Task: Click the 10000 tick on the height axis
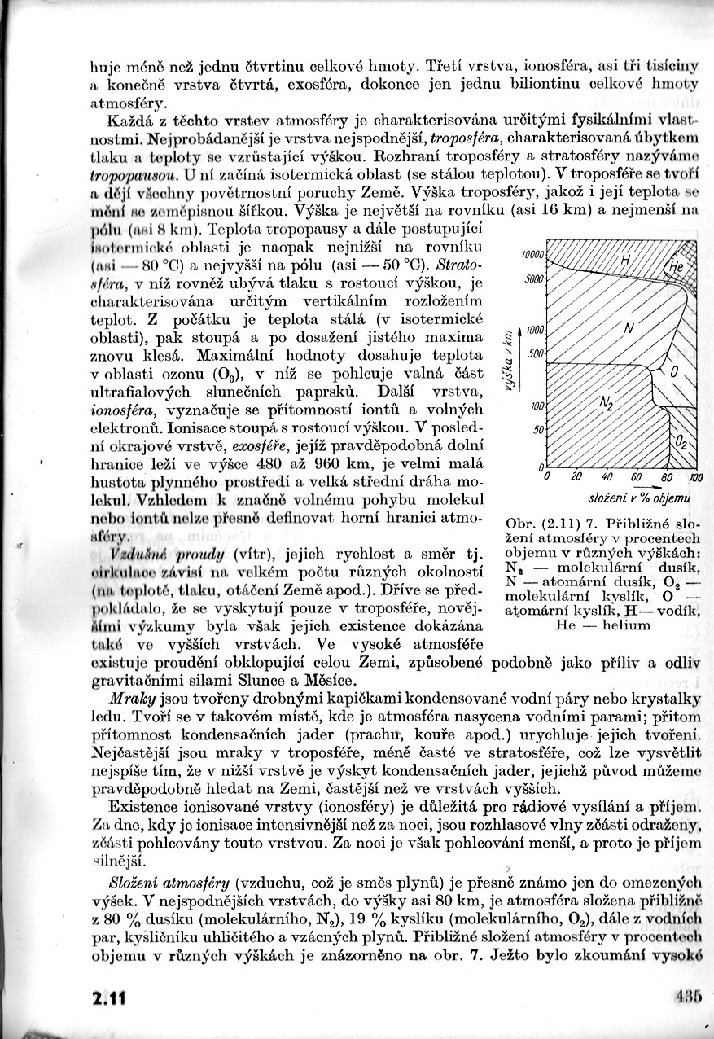pos(532,255)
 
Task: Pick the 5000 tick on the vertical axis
pos(534,278)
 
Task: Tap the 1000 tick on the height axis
pos(535,330)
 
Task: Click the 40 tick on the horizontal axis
pos(607,477)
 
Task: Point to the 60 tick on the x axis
pos(636,477)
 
